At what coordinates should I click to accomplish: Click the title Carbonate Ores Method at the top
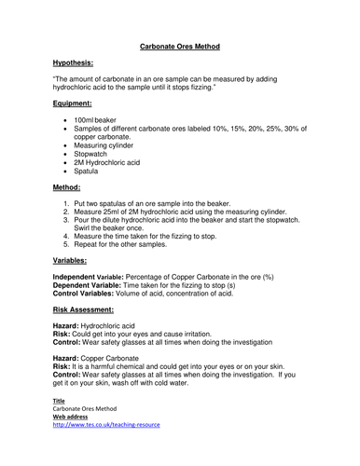click(x=179, y=45)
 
